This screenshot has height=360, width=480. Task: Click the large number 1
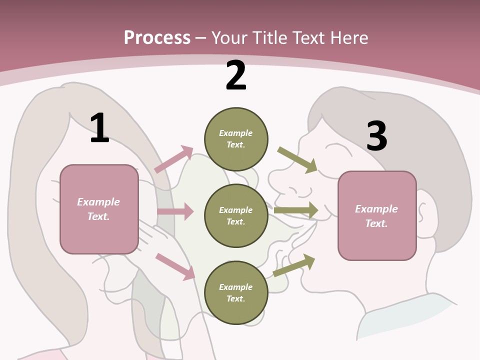coord(99,128)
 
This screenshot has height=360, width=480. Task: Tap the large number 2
coord(236,75)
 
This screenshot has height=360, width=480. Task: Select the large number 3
coord(376,136)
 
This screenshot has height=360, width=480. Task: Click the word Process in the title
coord(157,37)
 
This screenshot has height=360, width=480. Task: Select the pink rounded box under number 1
coord(99,209)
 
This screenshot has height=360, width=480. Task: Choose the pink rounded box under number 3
coord(377,216)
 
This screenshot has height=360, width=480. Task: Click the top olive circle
coord(236,139)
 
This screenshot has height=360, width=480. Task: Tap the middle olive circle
coord(236,215)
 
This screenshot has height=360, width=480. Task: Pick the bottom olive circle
coord(236,292)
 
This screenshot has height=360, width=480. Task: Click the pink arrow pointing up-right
coord(174,159)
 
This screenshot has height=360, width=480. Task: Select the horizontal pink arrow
coord(175,211)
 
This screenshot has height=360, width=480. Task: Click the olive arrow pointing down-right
coord(297,160)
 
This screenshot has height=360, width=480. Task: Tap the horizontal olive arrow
coord(296,210)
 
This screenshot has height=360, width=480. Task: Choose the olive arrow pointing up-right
coord(294,265)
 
